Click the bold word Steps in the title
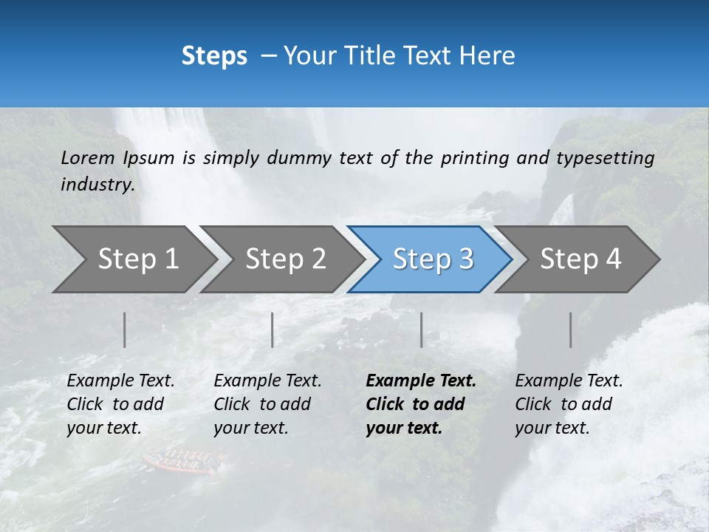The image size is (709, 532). click(x=214, y=56)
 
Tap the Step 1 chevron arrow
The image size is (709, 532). click(x=133, y=259)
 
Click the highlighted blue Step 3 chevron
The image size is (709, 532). click(x=432, y=259)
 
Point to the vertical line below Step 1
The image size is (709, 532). click(x=125, y=330)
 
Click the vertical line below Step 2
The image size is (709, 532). click(x=273, y=330)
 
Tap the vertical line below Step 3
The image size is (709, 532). click(x=421, y=330)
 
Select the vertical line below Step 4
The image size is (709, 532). click(x=570, y=330)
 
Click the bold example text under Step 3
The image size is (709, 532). click(x=420, y=404)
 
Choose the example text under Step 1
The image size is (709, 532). click(x=120, y=404)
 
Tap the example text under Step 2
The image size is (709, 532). click(x=267, y=404)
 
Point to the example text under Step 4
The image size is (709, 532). click(x=569, y=404)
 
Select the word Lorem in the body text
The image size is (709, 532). click(x=88, y=158)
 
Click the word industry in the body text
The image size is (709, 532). click(x=97, y=185)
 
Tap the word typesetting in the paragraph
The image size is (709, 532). click(x=605, y=158)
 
